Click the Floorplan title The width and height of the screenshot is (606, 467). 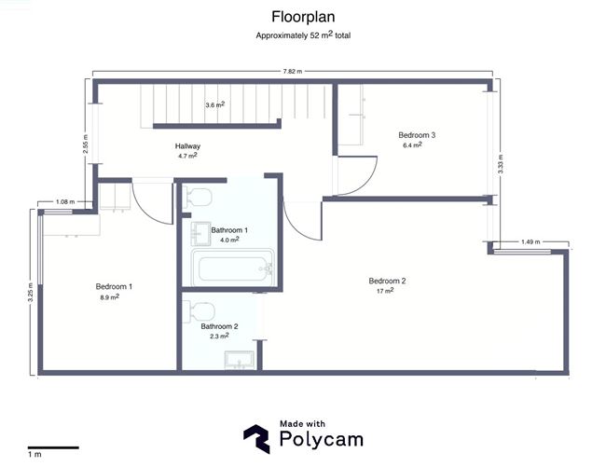click(303, 17)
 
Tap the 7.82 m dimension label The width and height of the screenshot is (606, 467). click(293, 72)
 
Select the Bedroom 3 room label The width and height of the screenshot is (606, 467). click(417, 135)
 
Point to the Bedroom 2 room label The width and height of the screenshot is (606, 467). click(387, 281)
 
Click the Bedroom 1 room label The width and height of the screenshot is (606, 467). click(114, 286)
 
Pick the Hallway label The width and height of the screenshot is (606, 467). click(187, 146)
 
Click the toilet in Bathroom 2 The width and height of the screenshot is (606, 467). click(200, 311)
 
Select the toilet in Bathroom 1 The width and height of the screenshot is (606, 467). click(198, 197)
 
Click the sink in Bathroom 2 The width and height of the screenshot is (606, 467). click(240, 360)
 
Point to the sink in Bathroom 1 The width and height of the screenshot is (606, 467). click(200, 234)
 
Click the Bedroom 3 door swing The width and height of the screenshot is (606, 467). click(357, 176)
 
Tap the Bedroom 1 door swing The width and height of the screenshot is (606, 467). click(152, 202)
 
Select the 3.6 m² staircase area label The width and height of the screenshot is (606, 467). click(214, 104)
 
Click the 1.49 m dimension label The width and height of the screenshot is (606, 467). click(530, 241)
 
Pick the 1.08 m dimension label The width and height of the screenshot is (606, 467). click(65, 201)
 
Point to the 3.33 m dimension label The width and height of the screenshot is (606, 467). click(501, 164)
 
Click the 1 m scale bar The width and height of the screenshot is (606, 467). click(53, 448)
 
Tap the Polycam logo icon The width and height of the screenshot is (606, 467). click(256, 439)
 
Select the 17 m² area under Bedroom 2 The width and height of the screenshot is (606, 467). click(385, 291)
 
